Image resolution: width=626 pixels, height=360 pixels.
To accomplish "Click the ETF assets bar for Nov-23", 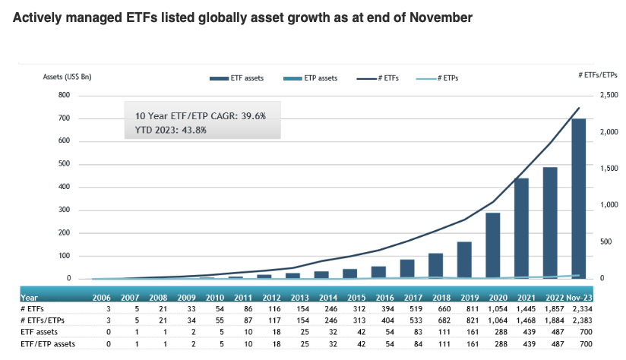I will (x=578, y=199).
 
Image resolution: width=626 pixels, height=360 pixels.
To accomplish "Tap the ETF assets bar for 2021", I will (x=521, y=228).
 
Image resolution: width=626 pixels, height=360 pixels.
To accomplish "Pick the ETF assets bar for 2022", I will (x=550, y=223).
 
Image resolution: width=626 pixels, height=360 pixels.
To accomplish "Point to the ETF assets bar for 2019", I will (x=464, y=260).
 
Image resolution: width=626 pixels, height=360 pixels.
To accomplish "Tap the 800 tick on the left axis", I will (x=64, y=96).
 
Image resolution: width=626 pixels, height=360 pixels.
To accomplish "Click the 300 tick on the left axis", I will (x=64, y=210).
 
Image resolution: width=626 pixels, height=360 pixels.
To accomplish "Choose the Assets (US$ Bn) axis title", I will (x=67, y=77).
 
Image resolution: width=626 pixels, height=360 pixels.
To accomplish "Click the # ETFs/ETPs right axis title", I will (x=597, y=74).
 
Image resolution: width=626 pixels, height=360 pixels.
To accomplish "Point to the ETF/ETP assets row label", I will (x=48, y=345).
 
